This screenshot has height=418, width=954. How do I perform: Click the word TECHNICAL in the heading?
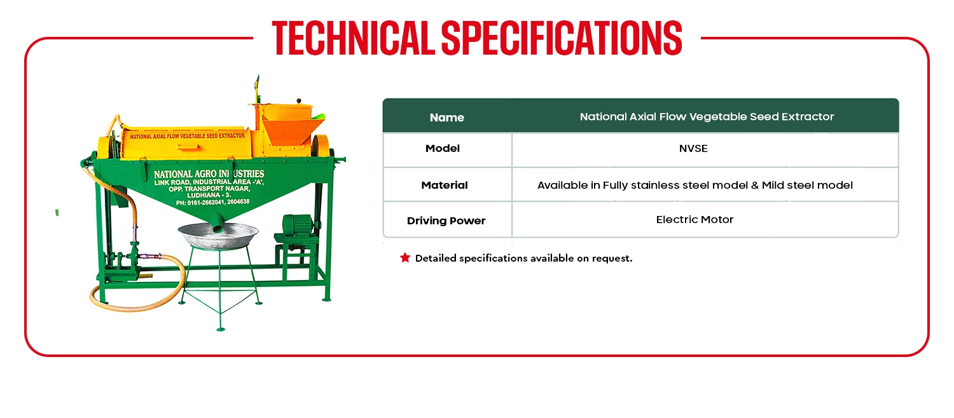pyautogui.click(x=353, y=38)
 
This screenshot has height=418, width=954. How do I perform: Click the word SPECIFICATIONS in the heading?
pyautogui.click(x=562, y=38)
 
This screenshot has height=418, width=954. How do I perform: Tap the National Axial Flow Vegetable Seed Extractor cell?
pyautogui.click(x=707, y=117)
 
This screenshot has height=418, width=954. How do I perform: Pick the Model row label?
pyautogui.click(x=443, y=149)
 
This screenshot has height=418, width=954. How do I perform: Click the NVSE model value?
pyautogui.click(x=693, y=149)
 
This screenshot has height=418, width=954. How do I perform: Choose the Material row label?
pyautogui.click(x=444, y=185)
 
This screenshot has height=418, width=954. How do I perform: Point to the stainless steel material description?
pyautogui.click(x=695, y=185)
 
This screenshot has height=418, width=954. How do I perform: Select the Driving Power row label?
pyautogui.click(x=446, y=220)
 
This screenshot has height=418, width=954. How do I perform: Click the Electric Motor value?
pyautogui.click(x=695, y=219)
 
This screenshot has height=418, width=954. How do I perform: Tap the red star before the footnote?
pyautogui.click(x=405, y=257)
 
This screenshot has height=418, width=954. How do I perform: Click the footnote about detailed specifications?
pyautogui.click(x=523, y=258)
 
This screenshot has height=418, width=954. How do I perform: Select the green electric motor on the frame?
pyautogui.click(x=298, y=226)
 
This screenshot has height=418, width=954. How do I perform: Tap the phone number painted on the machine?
pyautogui.click(x=212, y=203)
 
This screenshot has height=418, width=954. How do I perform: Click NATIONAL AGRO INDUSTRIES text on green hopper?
pyautogui.click(x=209, y=174)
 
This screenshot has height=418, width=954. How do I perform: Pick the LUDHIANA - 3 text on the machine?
pyautogui.click(x=209, y=195)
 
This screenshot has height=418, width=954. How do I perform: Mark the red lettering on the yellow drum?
pyautogui.click(x=188, y=136)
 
